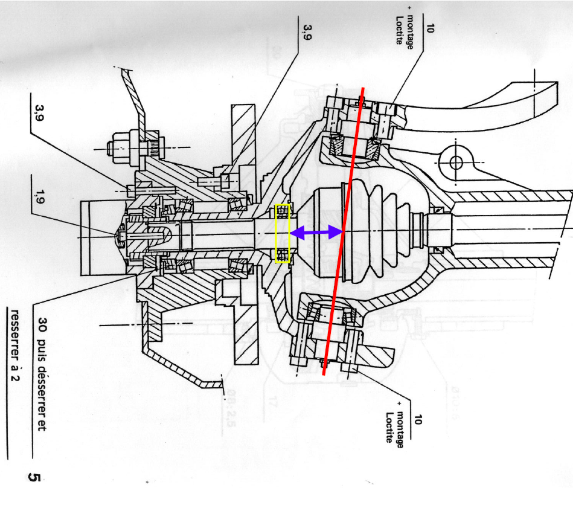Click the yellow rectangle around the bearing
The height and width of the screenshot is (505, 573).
pos(283,234)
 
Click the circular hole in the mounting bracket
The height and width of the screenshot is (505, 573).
pos(455,162)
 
